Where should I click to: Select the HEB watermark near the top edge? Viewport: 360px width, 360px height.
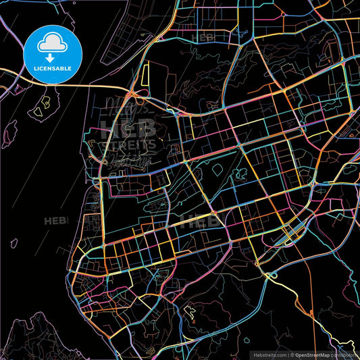[x=203, y=37]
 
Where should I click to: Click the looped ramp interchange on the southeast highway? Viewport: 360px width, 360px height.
[x=272, y=275]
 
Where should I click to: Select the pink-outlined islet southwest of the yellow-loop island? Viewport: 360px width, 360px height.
[x=10, y=138]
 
